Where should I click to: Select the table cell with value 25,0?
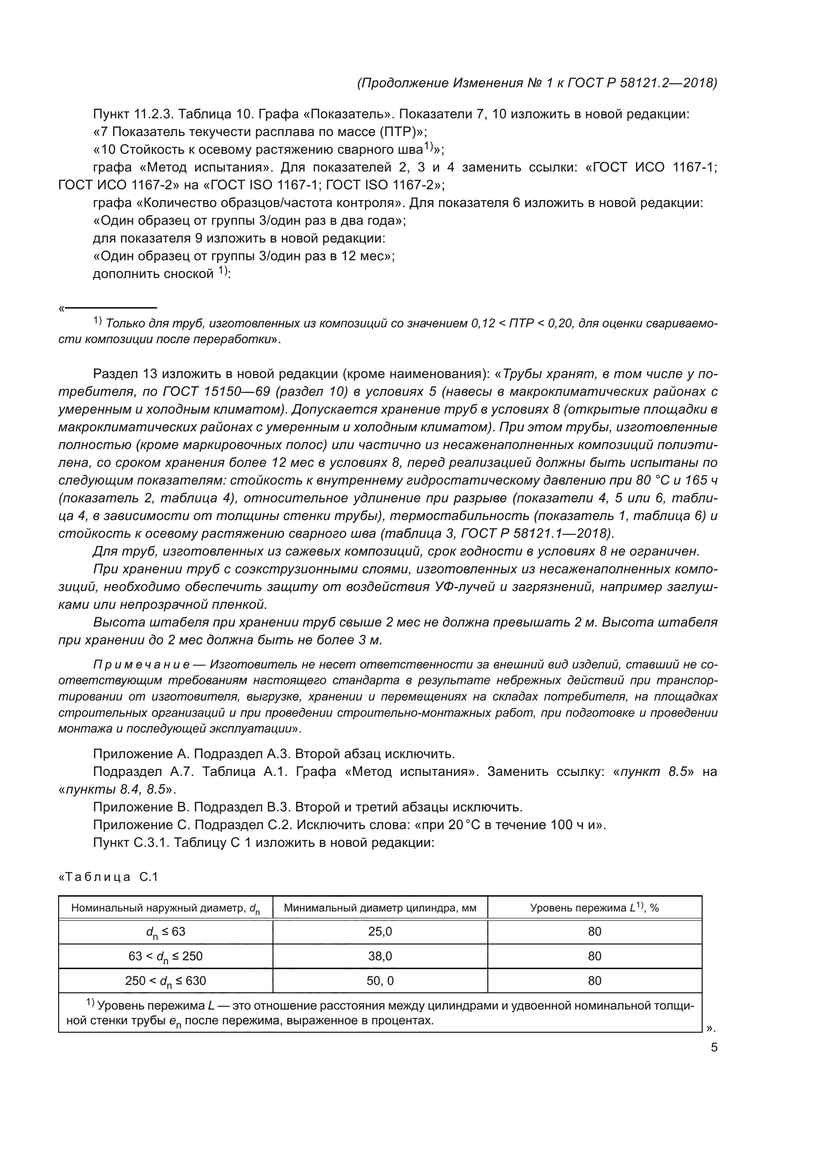click(380, 932)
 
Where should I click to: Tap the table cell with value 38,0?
click(380, 956)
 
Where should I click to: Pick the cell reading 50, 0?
click(380, 981)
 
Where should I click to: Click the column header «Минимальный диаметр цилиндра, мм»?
click(380, 908)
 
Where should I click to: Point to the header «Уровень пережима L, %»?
click(594, 908)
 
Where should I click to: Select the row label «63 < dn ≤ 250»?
click(166, 956)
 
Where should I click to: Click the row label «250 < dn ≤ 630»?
click(166, 981)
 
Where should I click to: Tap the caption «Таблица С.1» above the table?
click(109, 877)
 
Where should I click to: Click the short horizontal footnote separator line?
click(110, 308)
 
